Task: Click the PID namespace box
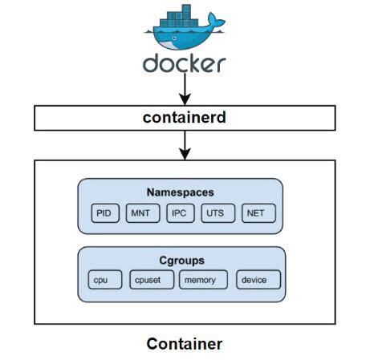pos(104,213)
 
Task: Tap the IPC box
pos(180,213)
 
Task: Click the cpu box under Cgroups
pos(104,280)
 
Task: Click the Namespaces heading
pos(181,192)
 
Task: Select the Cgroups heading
pos(181,260)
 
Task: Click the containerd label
pos(185,119)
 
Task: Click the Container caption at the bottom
pos(185,344)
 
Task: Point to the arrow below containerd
pos(185,145)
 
